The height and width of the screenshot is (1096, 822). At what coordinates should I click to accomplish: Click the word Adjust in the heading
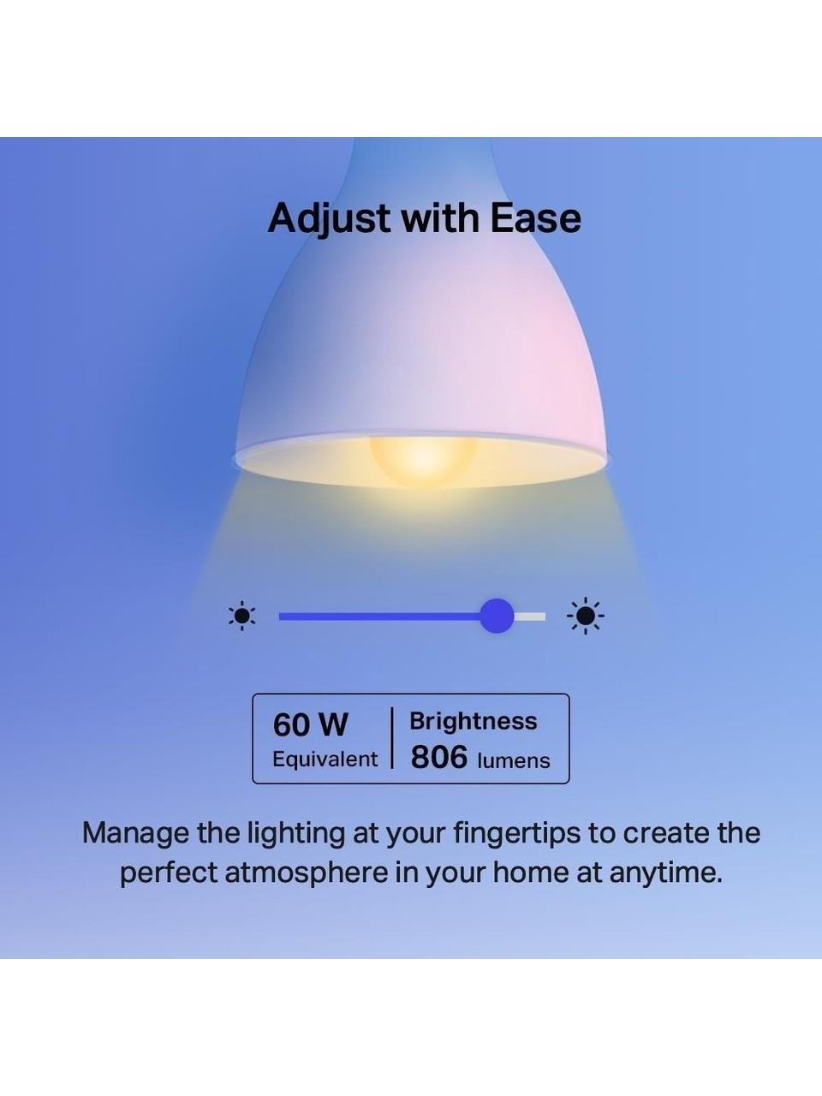click(329, 219)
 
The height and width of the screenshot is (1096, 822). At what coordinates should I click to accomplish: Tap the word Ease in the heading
click(535, 218)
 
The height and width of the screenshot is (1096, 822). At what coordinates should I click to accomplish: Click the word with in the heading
click(440, 218)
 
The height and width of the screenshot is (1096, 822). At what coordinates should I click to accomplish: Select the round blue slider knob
click(497, 616)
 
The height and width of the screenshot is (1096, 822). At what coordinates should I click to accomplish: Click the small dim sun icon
click(242, 616)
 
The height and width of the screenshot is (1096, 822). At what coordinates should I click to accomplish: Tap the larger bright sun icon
click(586, 616)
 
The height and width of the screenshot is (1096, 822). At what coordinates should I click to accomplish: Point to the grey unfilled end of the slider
click(529, 616)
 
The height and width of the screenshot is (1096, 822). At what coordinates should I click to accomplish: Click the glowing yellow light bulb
click(423, 460)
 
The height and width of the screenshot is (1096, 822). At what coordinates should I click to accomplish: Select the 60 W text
click(310, 725)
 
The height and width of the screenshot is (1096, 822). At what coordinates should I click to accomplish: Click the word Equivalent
click(325, 759)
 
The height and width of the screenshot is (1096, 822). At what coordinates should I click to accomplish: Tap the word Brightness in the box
click(474, 722)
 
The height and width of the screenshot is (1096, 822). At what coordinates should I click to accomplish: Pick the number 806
click(439, 757)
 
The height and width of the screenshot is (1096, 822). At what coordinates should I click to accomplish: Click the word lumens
click(514, 761)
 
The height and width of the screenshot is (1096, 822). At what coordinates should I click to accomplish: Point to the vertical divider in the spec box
click(392, 738)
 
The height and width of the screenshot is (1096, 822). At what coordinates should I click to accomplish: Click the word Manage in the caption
click(136, 834)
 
